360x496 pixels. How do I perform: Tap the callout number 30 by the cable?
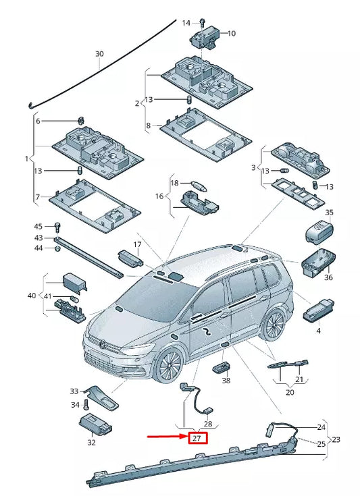pyautogui.click(x=99, y=54)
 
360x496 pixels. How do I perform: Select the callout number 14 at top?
pyautogui.click(x=186, y=23)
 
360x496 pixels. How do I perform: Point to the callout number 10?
pyautogui.click(x=232, y=33)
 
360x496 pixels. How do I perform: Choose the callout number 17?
pyautogui.click(x=137, y=244)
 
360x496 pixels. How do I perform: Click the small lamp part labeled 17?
pyautogui.click(x=130, y=257)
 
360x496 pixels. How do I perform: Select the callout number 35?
pyautogui.click(x=329, y=213)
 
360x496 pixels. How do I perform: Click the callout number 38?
pyautogui.click(x=226, y=381)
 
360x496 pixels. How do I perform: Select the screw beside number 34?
pyautogui.click(x=86, y=406)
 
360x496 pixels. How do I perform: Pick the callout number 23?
pyautogui.click(x=336, y=439)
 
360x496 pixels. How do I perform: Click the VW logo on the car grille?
pyautogui.click(x=103, y=344)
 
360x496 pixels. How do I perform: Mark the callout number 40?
pyautogui.click(x=32, y=296)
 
